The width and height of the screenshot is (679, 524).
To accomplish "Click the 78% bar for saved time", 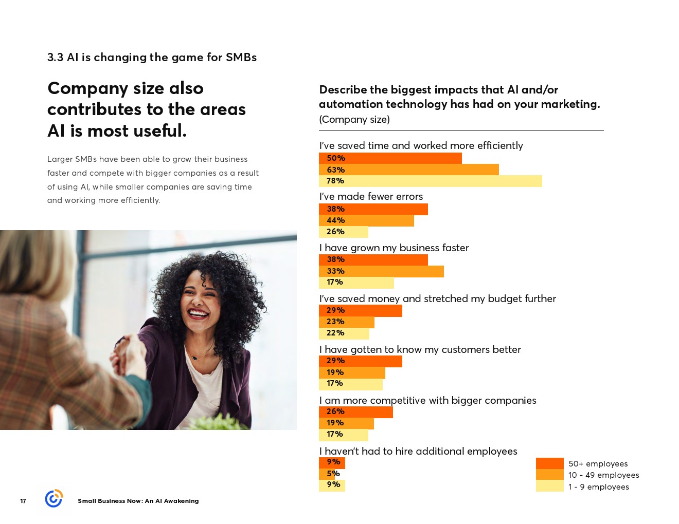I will click(x=430, y=181).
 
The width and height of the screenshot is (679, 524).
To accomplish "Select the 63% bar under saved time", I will click(x=408, y=170).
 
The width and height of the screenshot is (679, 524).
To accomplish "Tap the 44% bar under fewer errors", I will click(x=366, y=220).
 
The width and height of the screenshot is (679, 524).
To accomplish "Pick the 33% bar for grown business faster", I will click(x=381, y=271).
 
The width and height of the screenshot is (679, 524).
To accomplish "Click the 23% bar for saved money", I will click(x=346, y=322).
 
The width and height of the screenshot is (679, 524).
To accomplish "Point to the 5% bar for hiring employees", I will click(x=327, y=474).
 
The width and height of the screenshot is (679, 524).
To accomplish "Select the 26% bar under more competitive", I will click(x=355, y=411).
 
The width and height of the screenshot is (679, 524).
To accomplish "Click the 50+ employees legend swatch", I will click(x=549, y=463).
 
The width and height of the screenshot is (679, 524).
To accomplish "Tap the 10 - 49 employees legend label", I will click(x=603, y=475).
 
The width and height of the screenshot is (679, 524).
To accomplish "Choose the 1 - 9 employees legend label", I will click(x=598, y=487).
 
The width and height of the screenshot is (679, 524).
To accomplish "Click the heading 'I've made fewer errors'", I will click(x=371, y=196).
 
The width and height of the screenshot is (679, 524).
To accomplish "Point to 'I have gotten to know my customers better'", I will click(x=420, y=349).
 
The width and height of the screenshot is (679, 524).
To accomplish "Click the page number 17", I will click(x=23, y=501).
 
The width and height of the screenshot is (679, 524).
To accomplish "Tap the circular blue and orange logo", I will click(x=53, y=498).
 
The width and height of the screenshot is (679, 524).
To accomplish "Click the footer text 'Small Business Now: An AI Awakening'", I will click(x=138, y=501).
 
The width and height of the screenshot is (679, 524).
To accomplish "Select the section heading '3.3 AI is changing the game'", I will click(x=152, y=57).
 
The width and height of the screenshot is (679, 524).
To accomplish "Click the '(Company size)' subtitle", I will click(x=354, y=119).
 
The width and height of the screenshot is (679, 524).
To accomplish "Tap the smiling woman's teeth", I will click(x=199, y=313).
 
